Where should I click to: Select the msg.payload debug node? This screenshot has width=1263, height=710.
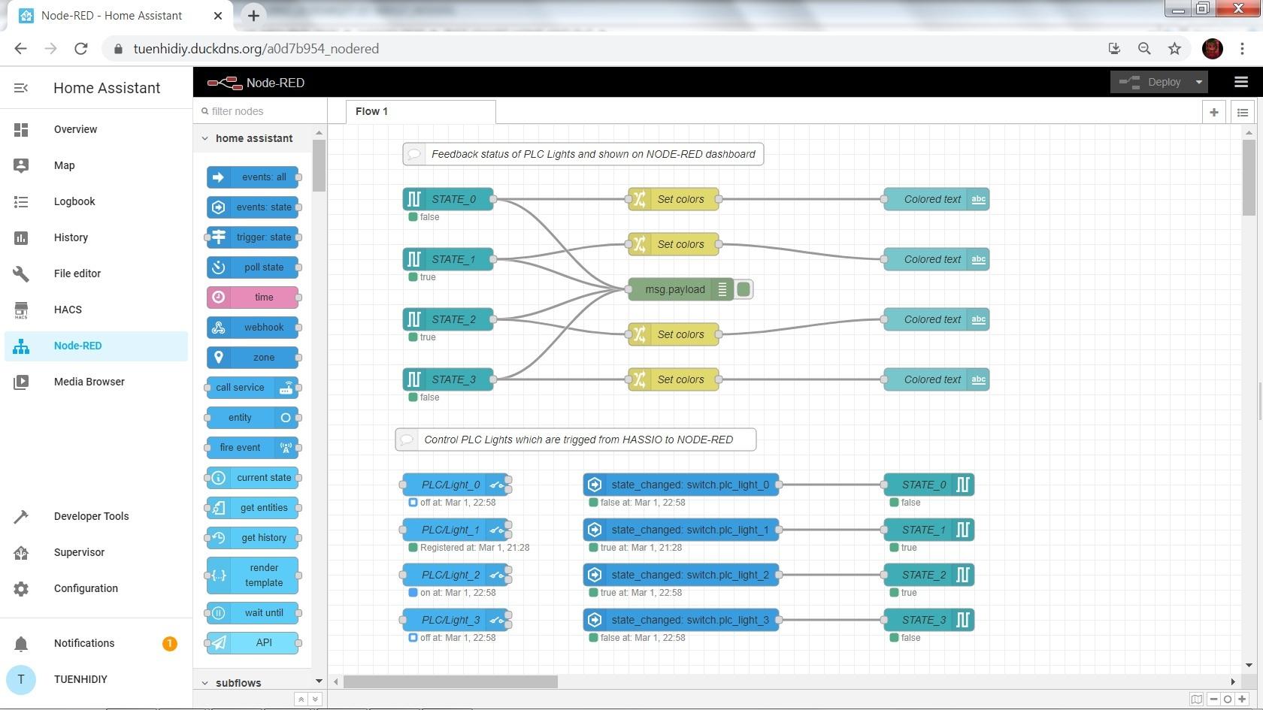pos(680,289)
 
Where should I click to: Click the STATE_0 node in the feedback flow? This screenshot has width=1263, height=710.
pos(448,199)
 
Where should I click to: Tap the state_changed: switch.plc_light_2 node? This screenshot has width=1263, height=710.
pos(681,575)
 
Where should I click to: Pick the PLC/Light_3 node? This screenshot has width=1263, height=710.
pos(456,620)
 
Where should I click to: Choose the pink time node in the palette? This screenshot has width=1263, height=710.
pos(253,297)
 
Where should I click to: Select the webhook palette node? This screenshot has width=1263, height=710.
pos(253,328)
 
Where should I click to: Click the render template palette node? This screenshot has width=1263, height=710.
pos(253,576)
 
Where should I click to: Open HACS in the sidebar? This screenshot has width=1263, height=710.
pos(68,310)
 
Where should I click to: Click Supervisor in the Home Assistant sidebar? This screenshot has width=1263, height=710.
pos(79,552)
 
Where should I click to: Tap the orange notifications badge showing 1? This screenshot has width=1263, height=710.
pos(170,643)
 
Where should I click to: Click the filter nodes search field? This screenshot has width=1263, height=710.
pos(260,111)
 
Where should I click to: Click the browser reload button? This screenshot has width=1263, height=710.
pos(81,48)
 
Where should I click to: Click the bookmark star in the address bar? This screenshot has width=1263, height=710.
pos(1174,48)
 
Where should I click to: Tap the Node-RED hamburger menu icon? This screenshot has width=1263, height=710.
pos(1241,83)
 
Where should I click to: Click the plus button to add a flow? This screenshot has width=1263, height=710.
pos(1214,112)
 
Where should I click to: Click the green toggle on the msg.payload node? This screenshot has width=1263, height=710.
pos(744,289)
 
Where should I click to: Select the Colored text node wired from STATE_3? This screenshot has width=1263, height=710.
pos(937,379)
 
